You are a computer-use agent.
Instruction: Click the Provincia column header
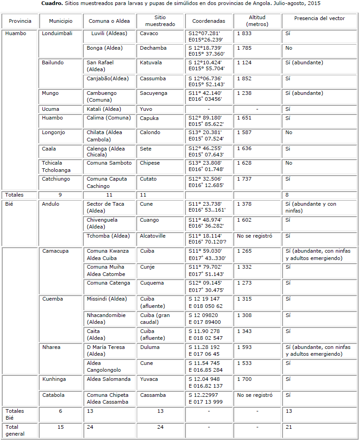pos(20,21)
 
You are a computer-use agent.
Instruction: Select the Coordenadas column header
pos(209,21)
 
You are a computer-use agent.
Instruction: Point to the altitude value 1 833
pos(244,34)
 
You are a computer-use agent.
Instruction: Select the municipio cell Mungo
pos(50,93)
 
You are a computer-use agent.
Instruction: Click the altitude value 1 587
pos(244,132)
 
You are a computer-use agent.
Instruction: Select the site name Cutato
pos(149,179)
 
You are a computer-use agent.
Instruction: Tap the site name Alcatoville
pos(153,236)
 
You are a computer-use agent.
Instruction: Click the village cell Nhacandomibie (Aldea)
pos(106,318)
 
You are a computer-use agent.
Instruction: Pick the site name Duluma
pos(150,347)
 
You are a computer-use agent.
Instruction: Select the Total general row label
pos(15,430)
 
